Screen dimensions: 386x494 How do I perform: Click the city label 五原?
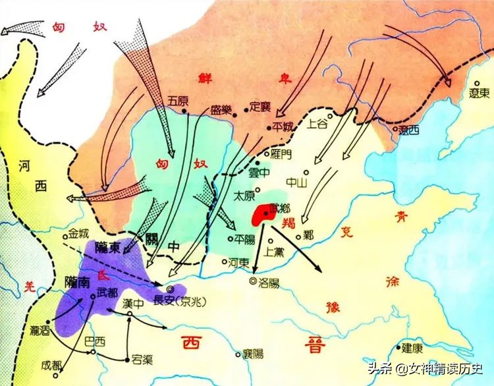point(178,101)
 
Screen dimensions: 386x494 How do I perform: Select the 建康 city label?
point(413,347)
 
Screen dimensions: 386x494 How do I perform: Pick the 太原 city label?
point(244,196)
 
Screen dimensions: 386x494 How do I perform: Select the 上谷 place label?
point(317,123)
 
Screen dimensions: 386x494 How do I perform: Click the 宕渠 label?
point(142,360)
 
